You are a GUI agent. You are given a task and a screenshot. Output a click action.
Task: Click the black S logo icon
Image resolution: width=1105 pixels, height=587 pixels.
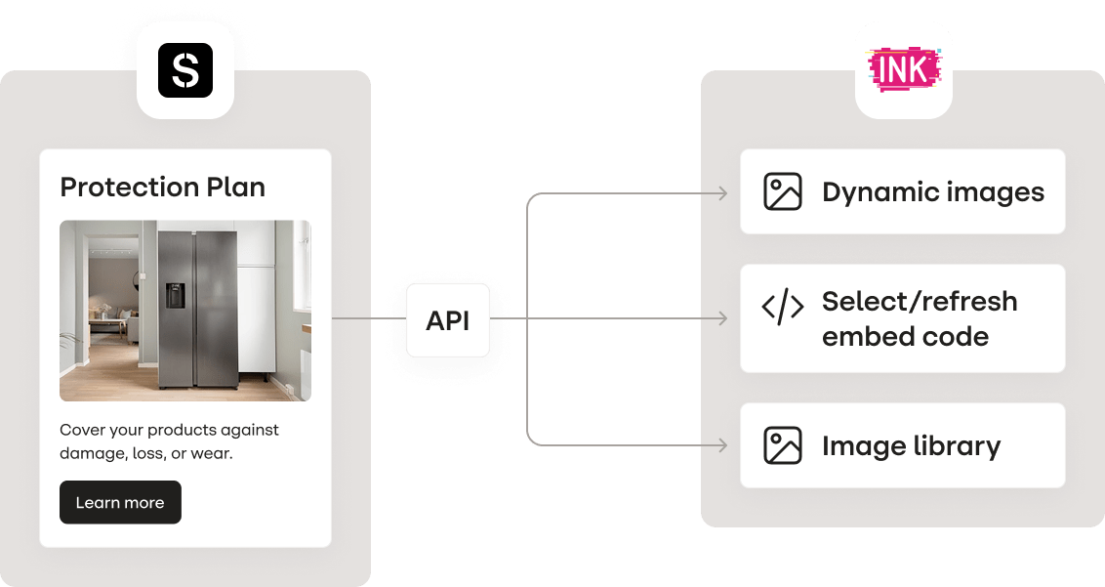(x=185, y=70)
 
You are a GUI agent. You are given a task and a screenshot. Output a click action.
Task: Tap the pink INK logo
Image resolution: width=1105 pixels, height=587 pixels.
(x=904, y=70)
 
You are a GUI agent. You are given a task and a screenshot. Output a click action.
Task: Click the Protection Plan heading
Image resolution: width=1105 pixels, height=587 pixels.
(x=162, y=187)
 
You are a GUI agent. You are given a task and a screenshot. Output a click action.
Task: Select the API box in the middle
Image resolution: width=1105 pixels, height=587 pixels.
(x=448, y=319)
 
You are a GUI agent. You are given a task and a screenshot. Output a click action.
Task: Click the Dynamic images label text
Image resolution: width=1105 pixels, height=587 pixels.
(x=932, y=192)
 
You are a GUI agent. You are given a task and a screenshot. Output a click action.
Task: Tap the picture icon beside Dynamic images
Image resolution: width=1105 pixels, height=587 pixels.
(x=782, y=191)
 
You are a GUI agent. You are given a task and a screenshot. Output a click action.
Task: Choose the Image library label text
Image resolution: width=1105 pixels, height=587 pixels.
(x=911, y=446)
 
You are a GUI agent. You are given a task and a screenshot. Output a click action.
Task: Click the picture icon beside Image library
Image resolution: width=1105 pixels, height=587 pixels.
(x=782, y=445)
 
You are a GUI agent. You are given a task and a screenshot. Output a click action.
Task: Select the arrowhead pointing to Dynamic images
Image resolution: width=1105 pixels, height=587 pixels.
(x=721, y=193)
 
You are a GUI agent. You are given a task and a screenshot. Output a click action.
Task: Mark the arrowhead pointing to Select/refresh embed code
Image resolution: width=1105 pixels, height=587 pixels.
(x=721, y=318)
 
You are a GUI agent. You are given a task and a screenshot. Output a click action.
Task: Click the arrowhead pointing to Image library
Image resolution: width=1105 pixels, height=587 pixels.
(x=721, y=445)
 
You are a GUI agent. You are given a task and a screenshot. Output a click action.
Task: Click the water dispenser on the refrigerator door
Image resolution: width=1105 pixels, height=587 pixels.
(x=175, y=296)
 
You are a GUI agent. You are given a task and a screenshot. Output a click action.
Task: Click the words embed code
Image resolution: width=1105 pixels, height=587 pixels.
(x=905, y=337)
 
